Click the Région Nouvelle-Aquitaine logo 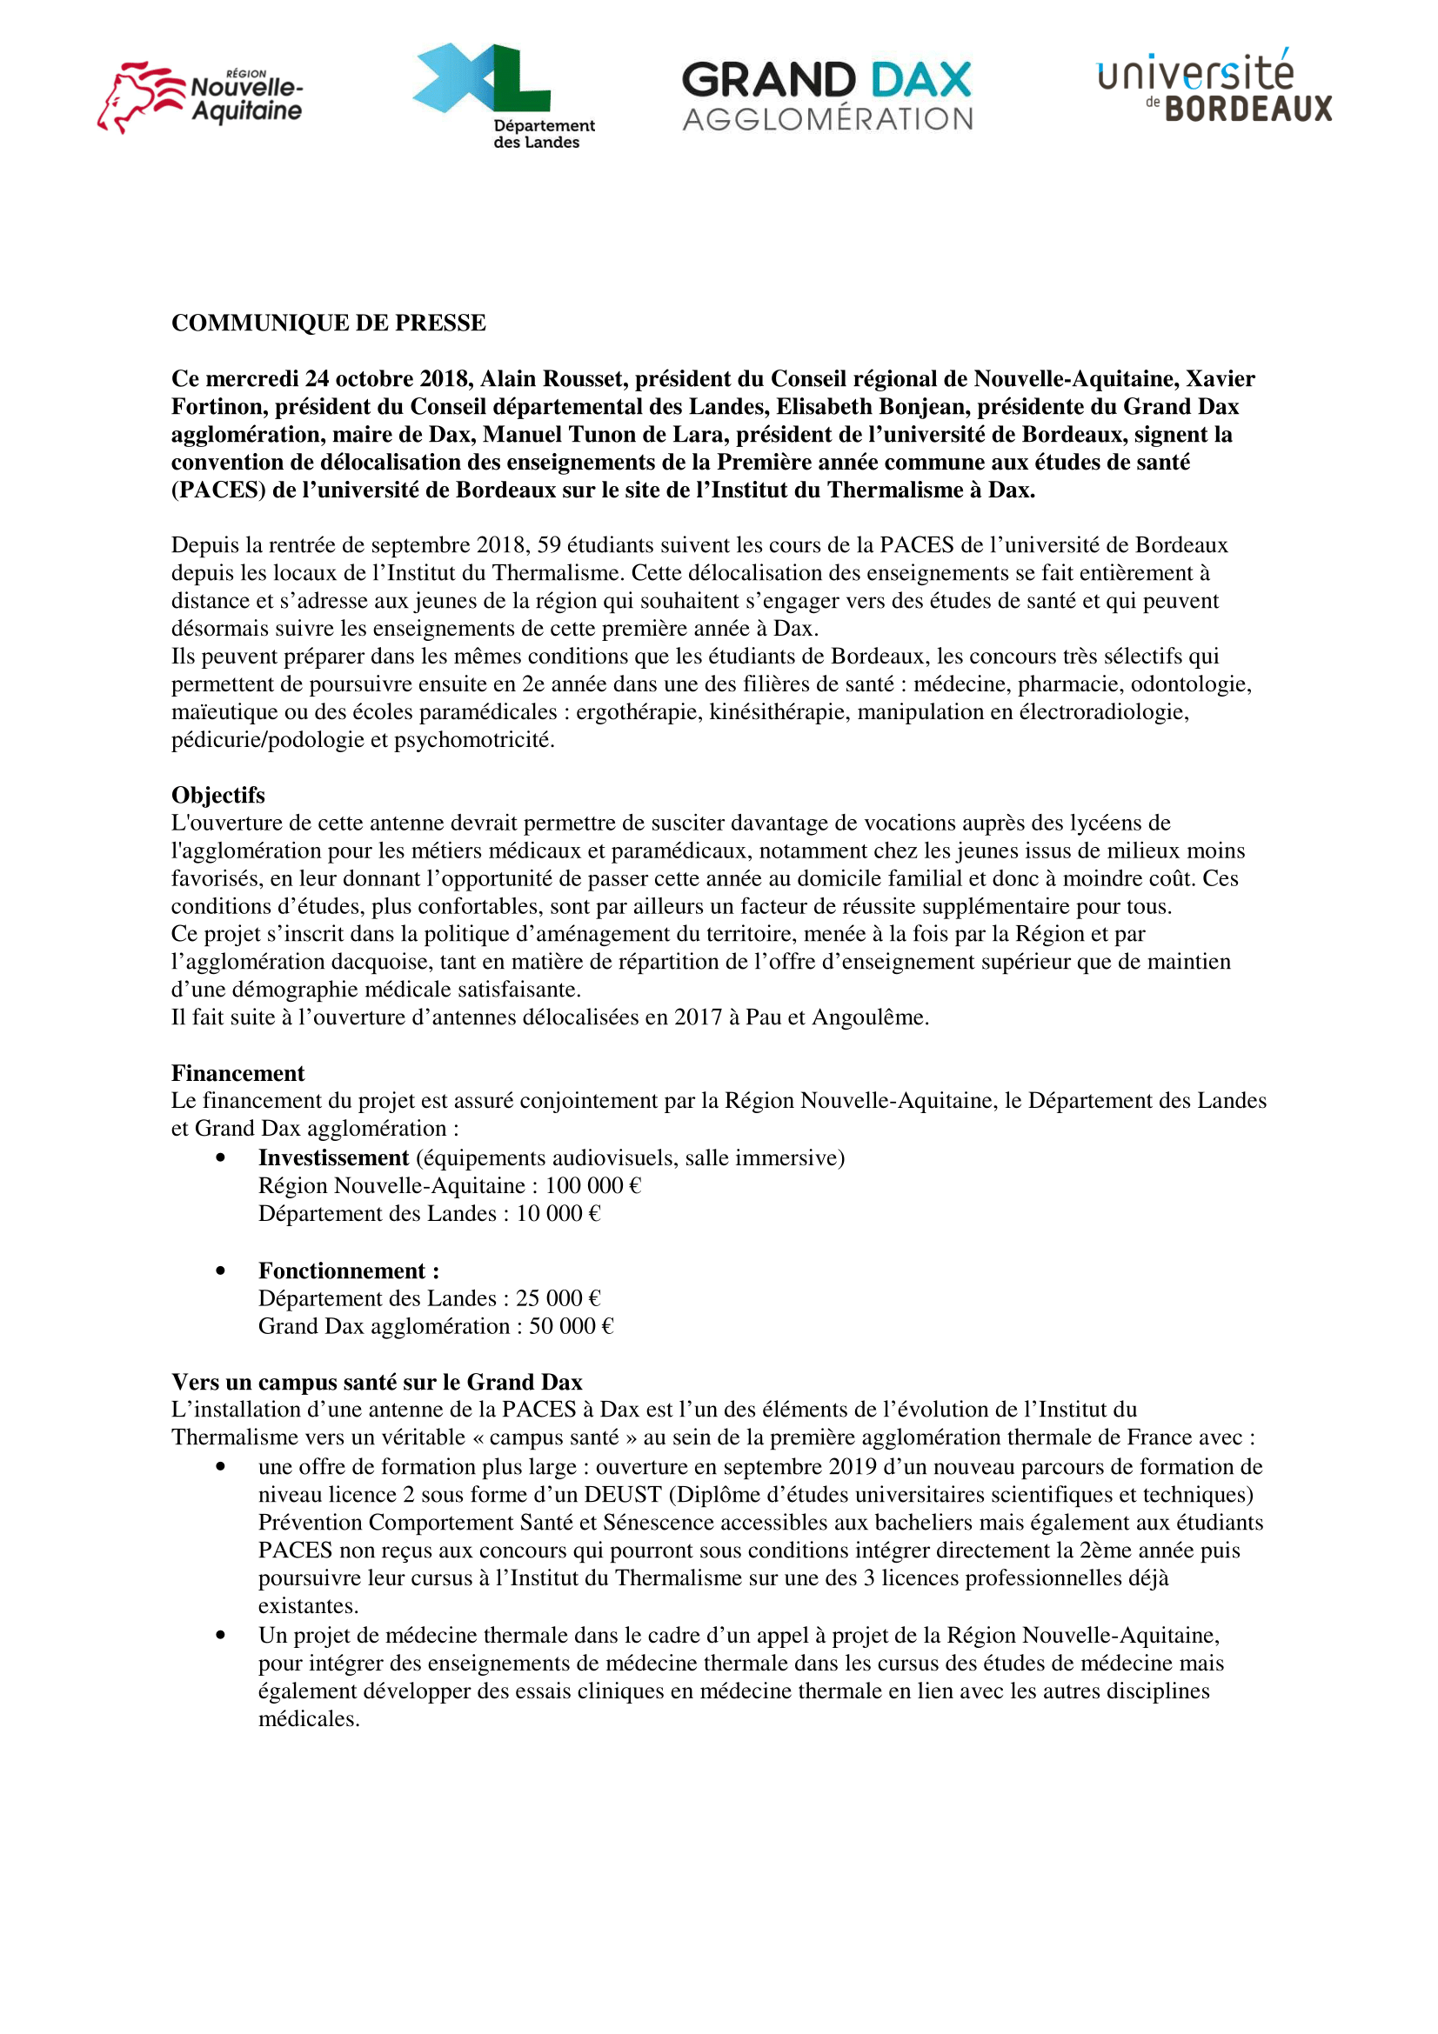[x=200, y=97]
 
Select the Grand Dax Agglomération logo [x=826, y=96]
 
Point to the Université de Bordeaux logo [x=1214, y=86]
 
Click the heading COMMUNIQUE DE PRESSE [x=329, y=323]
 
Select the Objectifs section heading [x=218, y=795]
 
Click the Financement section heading [x=237, y=1073]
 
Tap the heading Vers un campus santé [x=377, y=1382]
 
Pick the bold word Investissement [x=333, y=1157]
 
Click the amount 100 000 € [x=592, y=1185]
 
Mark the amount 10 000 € [x=558, y=1214]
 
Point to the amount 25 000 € [x=558, y=1297]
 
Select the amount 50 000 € [x=572, y=1326]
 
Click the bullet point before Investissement [x=221, y=1157]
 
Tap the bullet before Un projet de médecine [x=221, y=1636]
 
